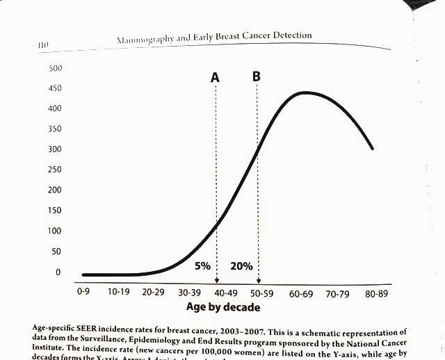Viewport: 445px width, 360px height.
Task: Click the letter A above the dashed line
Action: point(216,78)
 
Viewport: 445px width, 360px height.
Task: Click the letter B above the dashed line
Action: point(257,76)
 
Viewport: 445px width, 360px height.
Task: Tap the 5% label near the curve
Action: point(203,265)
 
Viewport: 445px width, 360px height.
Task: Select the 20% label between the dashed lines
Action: point(241,265)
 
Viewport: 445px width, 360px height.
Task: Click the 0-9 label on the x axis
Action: point(83,293)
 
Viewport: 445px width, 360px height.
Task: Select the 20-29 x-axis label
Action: point(154,293)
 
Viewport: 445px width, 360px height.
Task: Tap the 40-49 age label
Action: point(224,293)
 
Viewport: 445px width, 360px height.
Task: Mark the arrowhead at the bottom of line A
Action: point(216,280)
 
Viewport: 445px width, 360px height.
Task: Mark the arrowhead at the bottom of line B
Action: point(258,280)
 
